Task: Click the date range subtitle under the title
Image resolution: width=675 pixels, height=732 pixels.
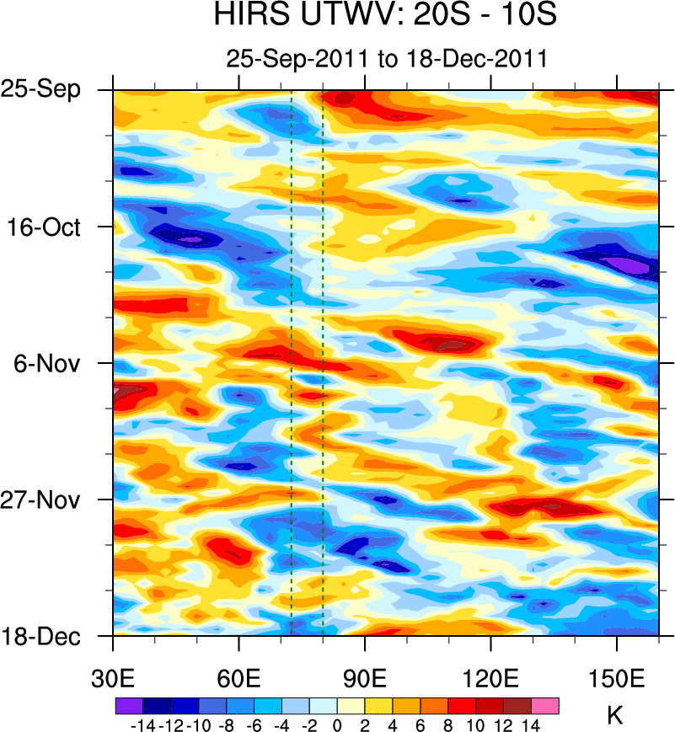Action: (387, 59)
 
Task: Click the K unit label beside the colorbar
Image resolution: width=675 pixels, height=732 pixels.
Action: (615, 716)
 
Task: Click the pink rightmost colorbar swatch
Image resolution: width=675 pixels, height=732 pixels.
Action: (545, 706)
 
